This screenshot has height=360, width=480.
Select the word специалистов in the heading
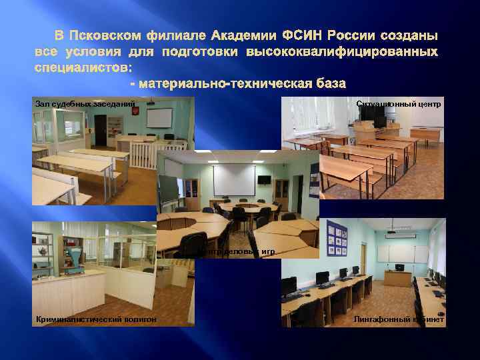click(83, 67)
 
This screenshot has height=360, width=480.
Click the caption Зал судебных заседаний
click(85, 104)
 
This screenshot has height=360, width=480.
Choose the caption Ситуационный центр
click(399, 104)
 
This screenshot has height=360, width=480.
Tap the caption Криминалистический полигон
click(96, 319)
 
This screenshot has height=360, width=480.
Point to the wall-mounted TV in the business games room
click(265, 179)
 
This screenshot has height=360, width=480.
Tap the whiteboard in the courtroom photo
click(159, 118)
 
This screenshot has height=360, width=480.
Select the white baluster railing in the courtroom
click(144, 155)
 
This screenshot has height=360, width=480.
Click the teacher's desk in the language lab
click(398, 274)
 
